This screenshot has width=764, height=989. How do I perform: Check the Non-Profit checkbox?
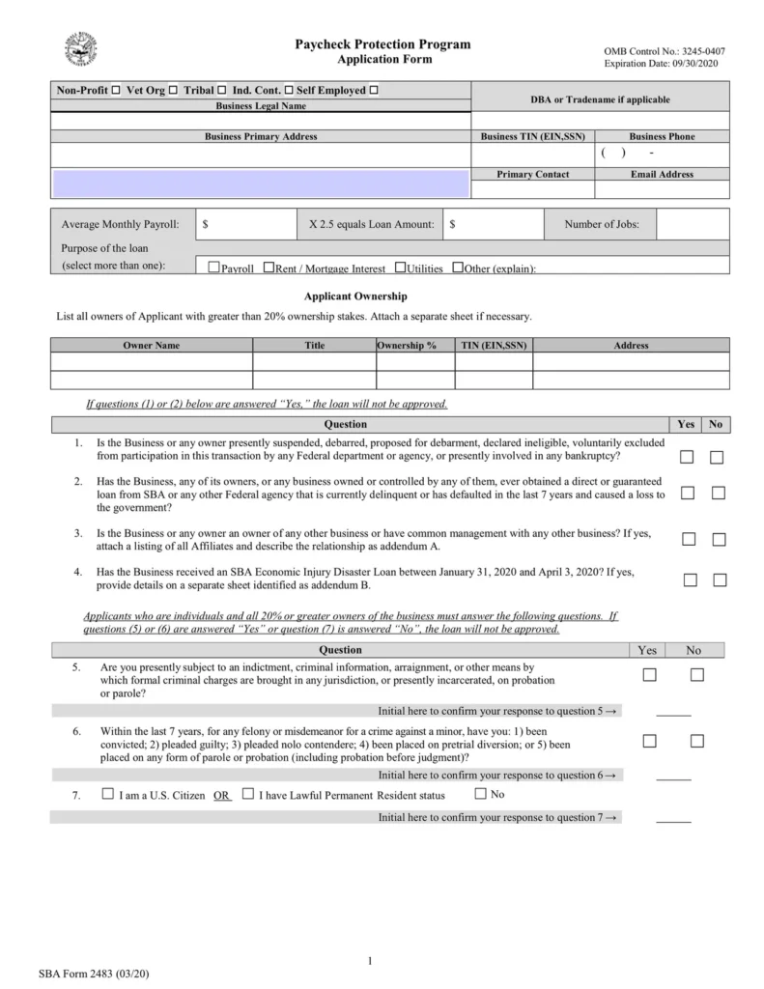click(116, 91)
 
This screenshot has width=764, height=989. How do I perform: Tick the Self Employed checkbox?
click(374, 91)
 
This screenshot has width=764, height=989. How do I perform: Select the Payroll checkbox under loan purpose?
click(214, 268)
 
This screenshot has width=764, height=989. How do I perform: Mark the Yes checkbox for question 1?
click(687, 458)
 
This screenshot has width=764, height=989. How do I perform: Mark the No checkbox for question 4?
click(719, 580)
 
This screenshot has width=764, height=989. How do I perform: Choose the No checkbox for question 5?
click(697, 675)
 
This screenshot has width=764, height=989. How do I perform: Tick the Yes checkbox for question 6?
click(649, 741)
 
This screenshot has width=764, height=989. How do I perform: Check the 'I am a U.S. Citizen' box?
click(107, 795)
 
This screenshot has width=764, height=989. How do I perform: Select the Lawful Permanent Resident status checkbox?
click(248, 795)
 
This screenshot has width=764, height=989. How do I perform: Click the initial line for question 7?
click(673, 819)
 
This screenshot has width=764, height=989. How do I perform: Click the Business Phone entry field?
click(662, 154)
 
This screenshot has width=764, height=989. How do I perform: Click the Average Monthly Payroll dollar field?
click(246, 225)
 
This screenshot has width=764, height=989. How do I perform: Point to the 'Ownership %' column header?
click(407, 345)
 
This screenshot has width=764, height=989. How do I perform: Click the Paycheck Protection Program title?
click(383, 44)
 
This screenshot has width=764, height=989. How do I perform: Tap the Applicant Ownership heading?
click(355, 297)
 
